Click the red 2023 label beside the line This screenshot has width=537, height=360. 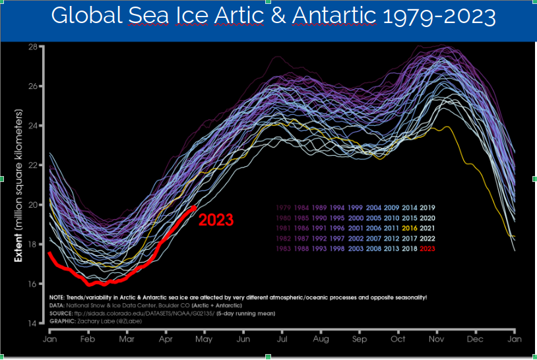[216, 220]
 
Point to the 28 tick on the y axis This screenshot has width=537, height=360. [32, 47]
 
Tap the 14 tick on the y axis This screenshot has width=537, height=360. [32, 323]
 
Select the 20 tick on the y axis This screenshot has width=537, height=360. [32, 204]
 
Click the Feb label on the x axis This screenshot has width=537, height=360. [88, 338]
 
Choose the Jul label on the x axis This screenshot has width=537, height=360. [282, 338]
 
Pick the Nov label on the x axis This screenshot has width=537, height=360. [437, 338]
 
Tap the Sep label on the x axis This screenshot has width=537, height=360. [359, 338]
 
